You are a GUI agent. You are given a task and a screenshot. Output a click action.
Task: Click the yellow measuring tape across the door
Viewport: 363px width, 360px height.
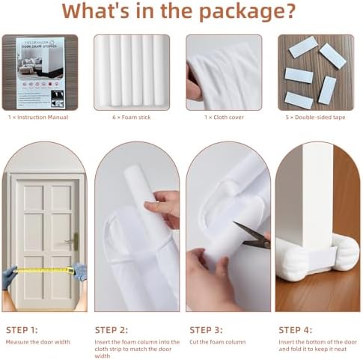click(x=45, y=269)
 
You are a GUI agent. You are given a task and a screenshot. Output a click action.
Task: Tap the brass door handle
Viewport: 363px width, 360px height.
click(x=73, y=242)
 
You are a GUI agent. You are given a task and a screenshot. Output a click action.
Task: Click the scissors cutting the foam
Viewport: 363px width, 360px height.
click(x=255, y=239)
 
